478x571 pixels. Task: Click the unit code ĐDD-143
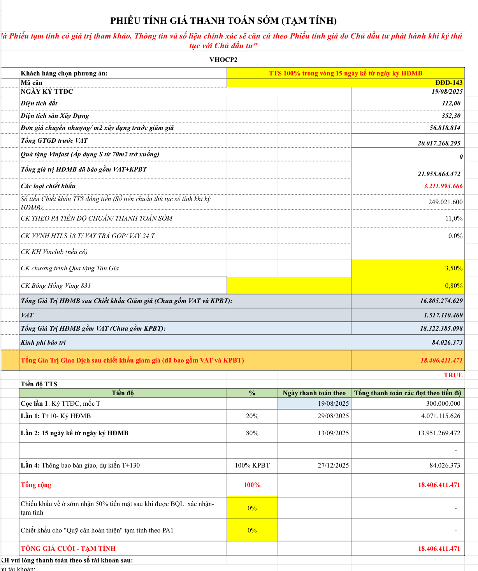(449, 82)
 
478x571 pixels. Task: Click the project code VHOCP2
(223, 60)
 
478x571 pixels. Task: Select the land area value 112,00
(451, 103)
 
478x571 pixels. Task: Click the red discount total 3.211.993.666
(443, 186)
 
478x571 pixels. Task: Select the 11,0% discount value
(454, 218)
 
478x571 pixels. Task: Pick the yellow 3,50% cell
(454, 268)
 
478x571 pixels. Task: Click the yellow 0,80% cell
(454, 285)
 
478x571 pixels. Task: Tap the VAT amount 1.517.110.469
(443, 315)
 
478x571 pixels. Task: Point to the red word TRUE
(453, 375)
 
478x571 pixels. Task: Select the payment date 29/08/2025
(333, 416)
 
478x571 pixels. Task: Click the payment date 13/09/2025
(333, 433)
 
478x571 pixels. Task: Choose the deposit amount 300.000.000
(443, 403)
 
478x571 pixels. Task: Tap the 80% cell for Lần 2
(252, 433)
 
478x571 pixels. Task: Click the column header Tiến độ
(123, 393)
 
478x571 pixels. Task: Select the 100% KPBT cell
(252, 465)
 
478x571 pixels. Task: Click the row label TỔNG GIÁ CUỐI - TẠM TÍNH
(68, 548)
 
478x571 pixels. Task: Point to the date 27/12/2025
(333, 465)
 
